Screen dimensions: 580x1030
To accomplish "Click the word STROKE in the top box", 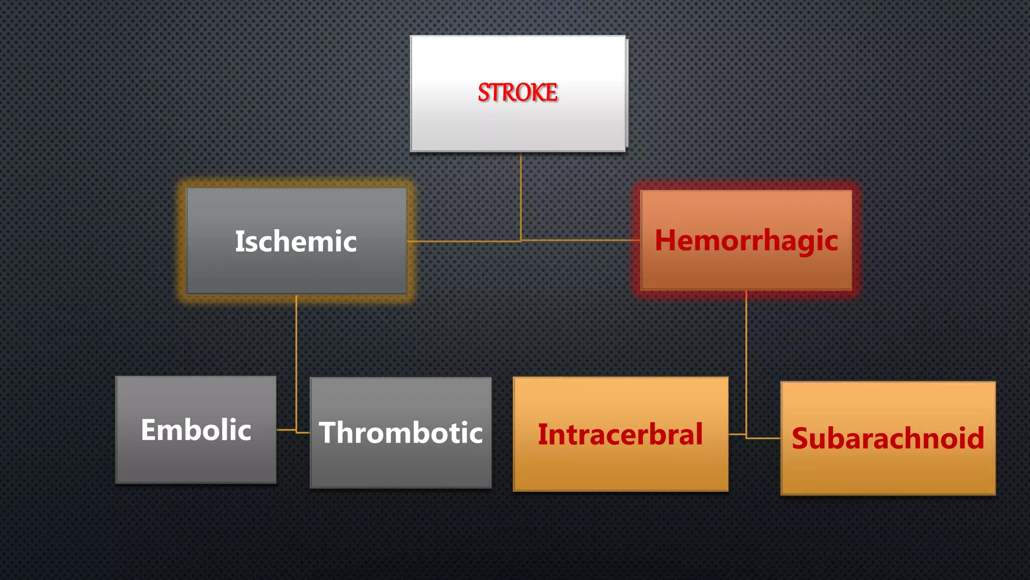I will point(518,93).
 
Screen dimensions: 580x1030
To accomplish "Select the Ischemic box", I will point(296,267).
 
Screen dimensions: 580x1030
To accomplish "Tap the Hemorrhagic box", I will point(746,267).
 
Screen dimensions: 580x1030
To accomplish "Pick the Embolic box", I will point(196,458).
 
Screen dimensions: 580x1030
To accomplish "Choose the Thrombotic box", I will point(400,463).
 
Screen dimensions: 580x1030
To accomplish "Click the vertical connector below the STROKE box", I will point(521,196).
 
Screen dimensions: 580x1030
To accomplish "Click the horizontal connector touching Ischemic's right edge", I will point(463,242).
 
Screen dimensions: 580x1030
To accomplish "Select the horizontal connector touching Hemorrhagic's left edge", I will point(578,240).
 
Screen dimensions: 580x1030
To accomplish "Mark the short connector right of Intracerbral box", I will point(737,433).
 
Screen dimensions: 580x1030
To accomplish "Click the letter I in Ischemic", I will point(239,241).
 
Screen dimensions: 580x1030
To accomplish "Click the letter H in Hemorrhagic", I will point(666,240).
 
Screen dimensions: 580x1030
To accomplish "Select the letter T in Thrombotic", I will point(329,432).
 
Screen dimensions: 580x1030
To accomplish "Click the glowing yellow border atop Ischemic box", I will point(296,182).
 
